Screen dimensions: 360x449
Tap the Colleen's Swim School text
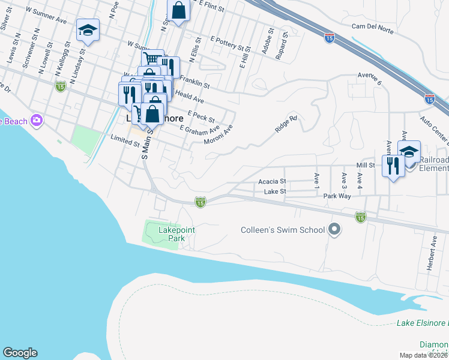(282, 229)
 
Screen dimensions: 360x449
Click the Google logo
(20, 353)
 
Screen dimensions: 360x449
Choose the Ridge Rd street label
(286, 124)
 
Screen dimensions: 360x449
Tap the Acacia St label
(273, 181)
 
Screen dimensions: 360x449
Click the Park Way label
(337, 196)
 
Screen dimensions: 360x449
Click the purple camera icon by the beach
(37, 121)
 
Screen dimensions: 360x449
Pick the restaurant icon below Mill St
(394, 165)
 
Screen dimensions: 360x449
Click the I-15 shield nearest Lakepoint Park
(200, 203)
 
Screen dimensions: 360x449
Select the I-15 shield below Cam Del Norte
(330, 37)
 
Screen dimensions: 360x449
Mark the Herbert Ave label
(432, 253)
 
